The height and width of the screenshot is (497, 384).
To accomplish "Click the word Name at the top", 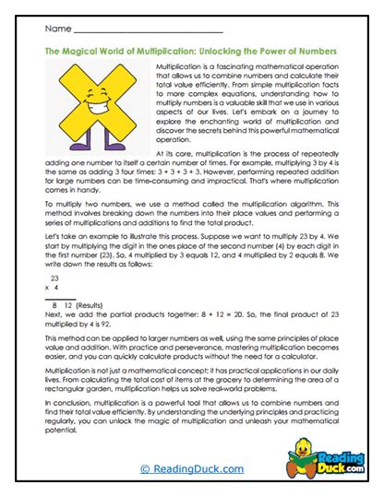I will (56, 30).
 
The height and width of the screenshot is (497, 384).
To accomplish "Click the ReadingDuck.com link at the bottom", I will (192, 468).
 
